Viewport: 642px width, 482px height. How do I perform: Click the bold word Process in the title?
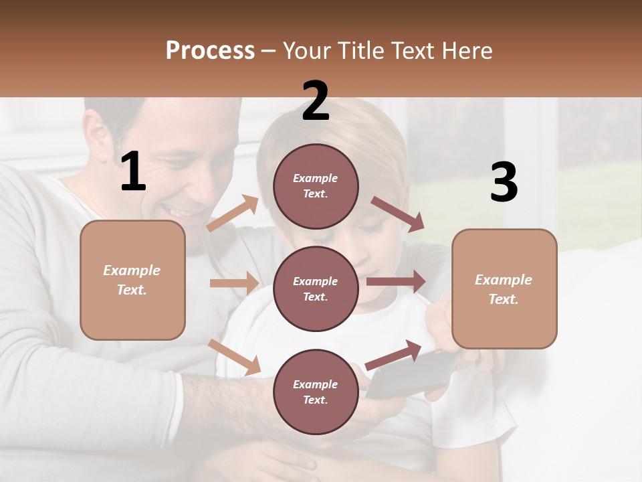[x=210, y=51]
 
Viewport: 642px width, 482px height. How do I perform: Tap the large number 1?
[x=133, y=172]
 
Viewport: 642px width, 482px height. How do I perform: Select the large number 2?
[x=316, y=102]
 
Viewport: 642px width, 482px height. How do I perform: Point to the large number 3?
[x=504, y=182]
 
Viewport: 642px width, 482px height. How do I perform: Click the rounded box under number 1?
[x=132, y=280]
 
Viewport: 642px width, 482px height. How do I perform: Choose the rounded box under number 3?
[x=504, y=289]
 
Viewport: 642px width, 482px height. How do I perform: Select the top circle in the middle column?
[x=316, y=185]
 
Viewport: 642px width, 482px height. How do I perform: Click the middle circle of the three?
[x=316, y=289]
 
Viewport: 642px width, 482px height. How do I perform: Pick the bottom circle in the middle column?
[x=316, y=392]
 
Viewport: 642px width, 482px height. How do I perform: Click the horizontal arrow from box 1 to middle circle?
[x=234, y=283]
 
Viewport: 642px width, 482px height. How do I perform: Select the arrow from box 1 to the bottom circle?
[x=234, y=356]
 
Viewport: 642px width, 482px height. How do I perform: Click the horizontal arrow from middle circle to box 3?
[x=396, y=282]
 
